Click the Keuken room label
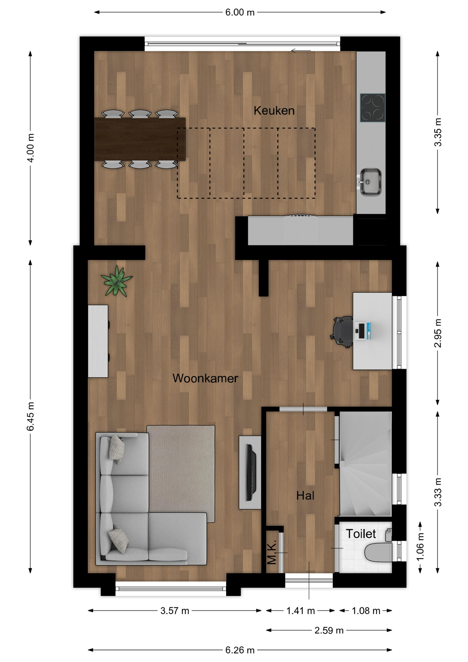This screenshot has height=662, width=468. tap(274, 111)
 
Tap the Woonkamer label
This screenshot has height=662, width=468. tap(205, 378)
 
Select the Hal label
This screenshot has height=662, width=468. tap(305, 495)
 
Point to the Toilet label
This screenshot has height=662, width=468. tap(360, 534)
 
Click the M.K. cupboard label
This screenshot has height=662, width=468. tap(272, 552)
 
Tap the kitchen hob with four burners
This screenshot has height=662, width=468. tap(373, 108)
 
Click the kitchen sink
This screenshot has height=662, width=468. tap(370, 182)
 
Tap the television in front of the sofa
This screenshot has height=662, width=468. tap(251, 472)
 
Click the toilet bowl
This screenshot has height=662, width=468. tap(378, 552)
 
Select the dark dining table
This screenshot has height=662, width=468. tap(140, 139)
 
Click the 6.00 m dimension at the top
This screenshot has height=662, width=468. tap(240, 12)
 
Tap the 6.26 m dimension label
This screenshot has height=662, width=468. tap(240, 650)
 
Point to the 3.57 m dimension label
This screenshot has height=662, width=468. tap(175, 611)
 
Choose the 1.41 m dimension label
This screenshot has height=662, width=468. tap(301, 611)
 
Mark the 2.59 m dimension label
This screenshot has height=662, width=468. tap(329, 630)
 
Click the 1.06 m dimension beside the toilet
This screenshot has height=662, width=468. tap(420, 547)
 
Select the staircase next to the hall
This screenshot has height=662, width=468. tap(366, 464)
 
